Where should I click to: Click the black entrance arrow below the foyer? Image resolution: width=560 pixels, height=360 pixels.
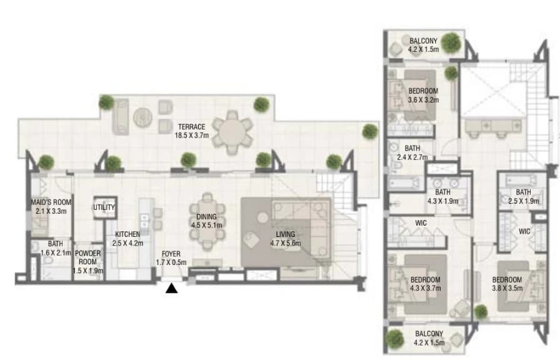click(171, 288)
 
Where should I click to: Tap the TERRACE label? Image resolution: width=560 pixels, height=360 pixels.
click(192, 127)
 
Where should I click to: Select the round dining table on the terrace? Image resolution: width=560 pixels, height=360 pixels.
click(232, 132)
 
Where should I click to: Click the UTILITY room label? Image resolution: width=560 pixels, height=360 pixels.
click(104, 207)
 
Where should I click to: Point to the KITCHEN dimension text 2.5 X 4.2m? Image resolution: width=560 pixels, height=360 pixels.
click(127, 243)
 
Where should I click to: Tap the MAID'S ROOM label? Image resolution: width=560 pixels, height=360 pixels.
click(51, 202)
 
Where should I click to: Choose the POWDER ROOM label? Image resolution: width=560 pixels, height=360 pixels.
click(87, 257)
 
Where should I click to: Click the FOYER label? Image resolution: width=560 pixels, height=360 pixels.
click(171, 254)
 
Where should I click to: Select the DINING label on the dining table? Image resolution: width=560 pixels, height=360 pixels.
click(206, 217)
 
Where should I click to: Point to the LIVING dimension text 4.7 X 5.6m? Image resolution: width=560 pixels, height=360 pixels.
click(286, 244)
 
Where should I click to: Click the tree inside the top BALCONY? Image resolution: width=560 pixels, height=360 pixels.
click(451, 43)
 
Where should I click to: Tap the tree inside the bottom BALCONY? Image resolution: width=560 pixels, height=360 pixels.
click(394, 339)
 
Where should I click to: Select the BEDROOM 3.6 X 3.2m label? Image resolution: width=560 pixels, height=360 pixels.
click(423, 96)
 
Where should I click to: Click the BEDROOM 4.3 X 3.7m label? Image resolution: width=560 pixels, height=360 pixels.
click(426, 284)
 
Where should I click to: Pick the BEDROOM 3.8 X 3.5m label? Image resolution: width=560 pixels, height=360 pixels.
click(507, 284)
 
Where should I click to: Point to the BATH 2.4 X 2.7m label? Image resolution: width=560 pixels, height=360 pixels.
click(412, 152)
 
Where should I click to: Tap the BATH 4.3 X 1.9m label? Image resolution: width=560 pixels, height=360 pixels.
click(443, 197)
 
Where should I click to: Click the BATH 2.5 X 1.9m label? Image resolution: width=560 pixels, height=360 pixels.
click(524, 197)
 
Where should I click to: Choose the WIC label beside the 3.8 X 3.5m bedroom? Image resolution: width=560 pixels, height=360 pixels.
click(524, 231)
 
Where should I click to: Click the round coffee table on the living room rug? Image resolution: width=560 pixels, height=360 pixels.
click(263, 217)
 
